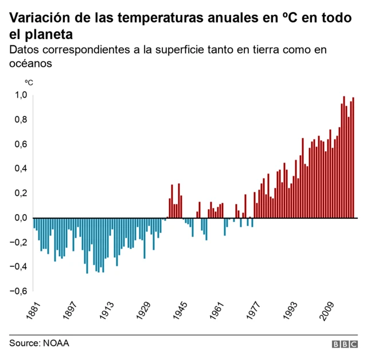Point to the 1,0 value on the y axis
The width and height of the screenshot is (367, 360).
(21, 95)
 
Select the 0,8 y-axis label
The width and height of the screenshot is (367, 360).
(21, 120)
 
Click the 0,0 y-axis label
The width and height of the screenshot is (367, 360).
(21, 218)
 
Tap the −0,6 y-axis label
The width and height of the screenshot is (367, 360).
(18, 291)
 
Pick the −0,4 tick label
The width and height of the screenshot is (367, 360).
(18, 266)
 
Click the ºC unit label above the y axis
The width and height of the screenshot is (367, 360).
(28, 82)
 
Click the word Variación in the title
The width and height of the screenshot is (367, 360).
(36, 18)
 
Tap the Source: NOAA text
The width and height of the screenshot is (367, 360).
(39, 343)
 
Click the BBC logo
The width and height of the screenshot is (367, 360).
(345, 344)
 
